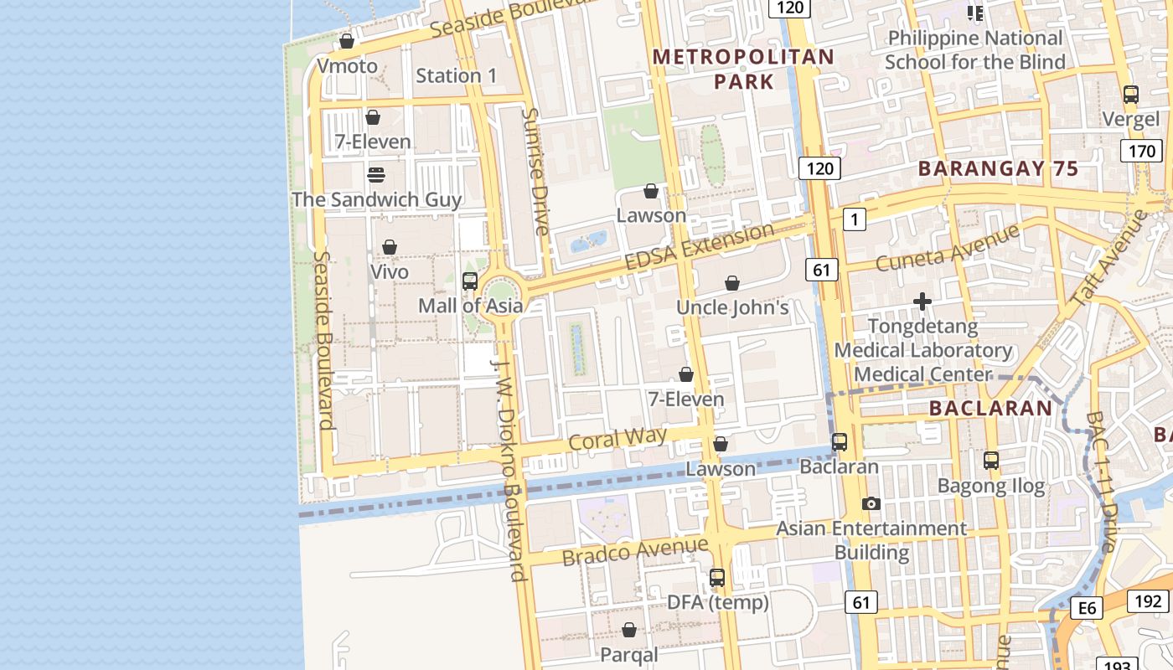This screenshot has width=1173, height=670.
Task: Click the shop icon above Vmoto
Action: click(347, 41)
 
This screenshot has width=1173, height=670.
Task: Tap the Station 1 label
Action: click(457, 75)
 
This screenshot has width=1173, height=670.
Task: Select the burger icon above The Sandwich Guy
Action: click(376, 174)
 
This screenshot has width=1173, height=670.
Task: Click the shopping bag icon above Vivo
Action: click(390, 247)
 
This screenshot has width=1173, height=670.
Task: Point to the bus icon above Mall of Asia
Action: click(470, 281)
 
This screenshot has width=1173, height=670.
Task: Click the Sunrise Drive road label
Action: click(535, 172)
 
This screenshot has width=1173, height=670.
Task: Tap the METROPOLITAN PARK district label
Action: click(743, 69)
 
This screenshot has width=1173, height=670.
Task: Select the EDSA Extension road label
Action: click(700, 247)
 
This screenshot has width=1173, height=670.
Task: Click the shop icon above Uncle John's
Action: click(732, 283)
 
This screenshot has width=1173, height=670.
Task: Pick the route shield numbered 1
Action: click(854, 219)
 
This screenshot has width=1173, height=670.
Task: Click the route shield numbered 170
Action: click(1141, 152)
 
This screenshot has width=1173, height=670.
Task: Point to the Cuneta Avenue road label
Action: click(948, 247)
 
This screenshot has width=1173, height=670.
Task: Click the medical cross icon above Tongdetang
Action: click(922, 301)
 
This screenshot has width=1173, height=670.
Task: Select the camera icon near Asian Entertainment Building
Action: click(871, 503)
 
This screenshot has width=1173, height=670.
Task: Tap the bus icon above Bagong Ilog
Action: click(991, 460)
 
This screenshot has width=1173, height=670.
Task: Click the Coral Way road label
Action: click(618, 438)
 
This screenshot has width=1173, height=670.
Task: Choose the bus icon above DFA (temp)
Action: click(717, 578)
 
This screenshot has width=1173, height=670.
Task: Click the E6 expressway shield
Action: click(1087, 607)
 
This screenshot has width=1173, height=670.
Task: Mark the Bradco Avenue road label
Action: click(635, 552)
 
